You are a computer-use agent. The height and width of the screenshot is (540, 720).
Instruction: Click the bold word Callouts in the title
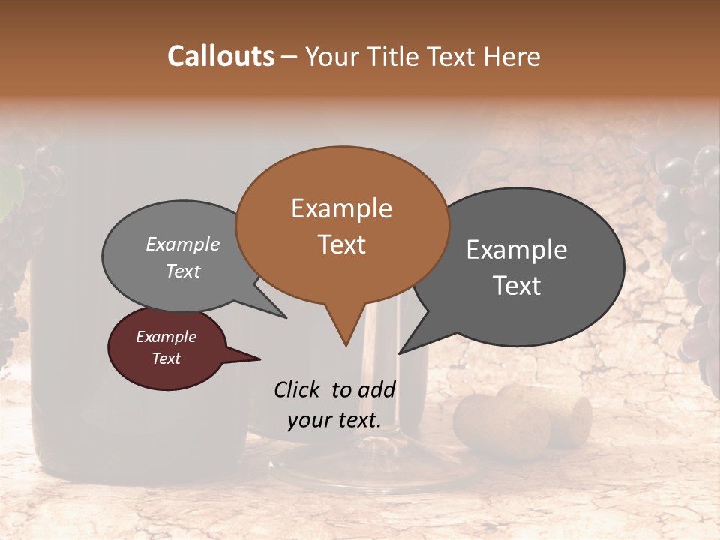coord(220,56)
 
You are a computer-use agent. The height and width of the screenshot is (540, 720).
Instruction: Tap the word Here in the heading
coord(512,56)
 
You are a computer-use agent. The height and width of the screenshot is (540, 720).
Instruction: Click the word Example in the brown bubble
coord(341,208)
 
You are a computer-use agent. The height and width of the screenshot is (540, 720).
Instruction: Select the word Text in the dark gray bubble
coord(517,286)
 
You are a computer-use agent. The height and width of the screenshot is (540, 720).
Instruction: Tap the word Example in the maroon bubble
coord(166,337)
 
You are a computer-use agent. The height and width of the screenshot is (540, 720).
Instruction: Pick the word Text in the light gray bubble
coord(183,271)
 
